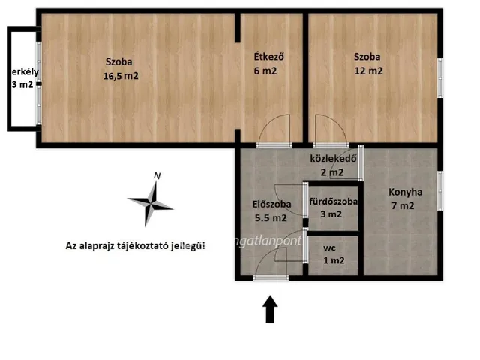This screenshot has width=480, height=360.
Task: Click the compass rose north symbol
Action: pos(151,202)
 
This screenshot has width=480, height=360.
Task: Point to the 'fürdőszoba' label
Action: pos(333,201)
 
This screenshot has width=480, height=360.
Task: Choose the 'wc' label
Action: pos(329,247)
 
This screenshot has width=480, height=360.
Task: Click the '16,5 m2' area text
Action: pos(121,75)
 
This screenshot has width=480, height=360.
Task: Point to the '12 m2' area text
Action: pos(368,71)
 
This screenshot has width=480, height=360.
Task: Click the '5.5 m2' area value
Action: pos(271,218)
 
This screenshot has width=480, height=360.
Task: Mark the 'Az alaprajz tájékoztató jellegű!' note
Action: pos(135,245)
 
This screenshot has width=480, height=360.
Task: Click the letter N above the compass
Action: pos(156,176)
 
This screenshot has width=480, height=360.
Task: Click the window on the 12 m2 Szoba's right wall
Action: pos(440,77)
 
